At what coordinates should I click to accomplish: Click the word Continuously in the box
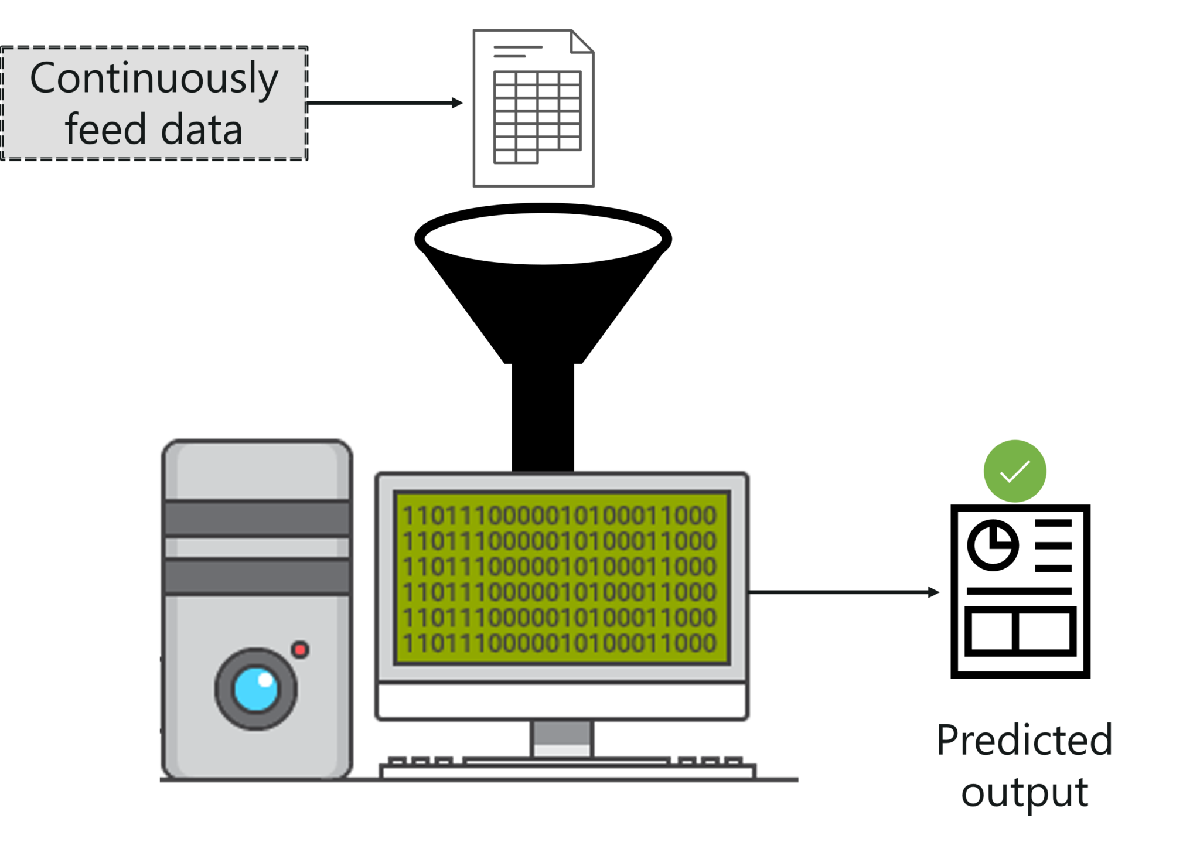(154, 79)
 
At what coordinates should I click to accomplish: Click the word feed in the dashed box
(105, 129)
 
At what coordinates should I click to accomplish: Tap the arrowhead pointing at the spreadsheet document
(458, 103)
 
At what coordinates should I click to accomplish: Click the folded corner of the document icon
(582, 41)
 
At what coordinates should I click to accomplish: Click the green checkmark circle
(1014, 471)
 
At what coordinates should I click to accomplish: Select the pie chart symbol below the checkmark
(992, 537)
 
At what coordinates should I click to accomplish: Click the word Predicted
(1024, 741)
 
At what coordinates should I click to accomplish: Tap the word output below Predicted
(1024, 792)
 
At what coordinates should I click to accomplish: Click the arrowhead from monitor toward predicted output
(934, 592)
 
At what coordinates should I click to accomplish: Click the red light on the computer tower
(301, 649)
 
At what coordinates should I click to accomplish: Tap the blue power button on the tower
(256, 689)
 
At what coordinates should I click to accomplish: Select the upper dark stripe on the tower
(257, 519)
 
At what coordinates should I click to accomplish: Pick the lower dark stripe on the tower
(257, 577)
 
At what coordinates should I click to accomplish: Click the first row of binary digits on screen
(560, 516)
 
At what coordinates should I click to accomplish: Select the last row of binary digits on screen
(560, 643)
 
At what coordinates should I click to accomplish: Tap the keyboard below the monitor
(567, 768)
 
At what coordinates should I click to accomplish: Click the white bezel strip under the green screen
(561, 700)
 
